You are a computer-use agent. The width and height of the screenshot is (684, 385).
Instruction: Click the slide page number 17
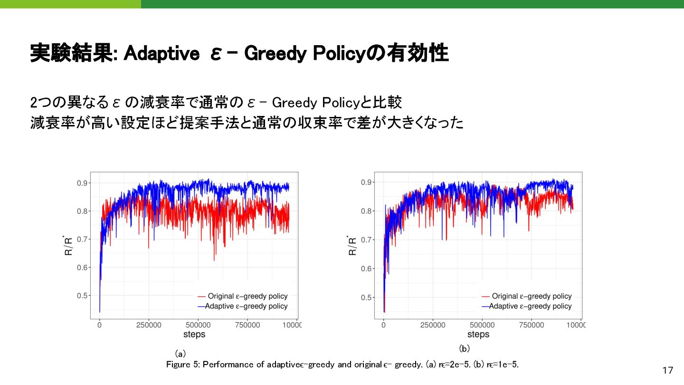pyautogui.click(x=668, y=370)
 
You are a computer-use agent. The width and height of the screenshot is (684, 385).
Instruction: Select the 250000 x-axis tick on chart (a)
pyautogui.click(x=149, y=325)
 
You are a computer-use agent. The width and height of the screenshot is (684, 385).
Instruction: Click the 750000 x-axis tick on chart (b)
pyautogui.click(x=532, y=325)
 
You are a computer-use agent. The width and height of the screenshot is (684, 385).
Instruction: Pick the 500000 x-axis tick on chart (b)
pyautogui.click(x=482, y=325)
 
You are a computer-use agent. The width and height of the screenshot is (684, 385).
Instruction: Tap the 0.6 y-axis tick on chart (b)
pyautogui.click(x=366, y=269)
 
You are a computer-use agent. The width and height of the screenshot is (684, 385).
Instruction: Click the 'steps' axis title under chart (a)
pyautogui.click(x=194, y=334)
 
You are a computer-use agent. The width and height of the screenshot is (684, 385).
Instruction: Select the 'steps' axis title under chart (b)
pyautogui.click(x=478, y=334)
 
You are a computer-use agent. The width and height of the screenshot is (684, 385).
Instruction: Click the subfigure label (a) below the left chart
pyautogui.click(x=180, y=354)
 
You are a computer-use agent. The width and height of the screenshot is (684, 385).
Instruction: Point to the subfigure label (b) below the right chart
pyautogui.click(x=464, y=348)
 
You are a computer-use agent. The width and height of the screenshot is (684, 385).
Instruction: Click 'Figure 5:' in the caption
pyautogui.click(x=184, y=365)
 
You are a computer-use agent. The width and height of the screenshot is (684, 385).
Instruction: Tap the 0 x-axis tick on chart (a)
pyautogui.click(x=99, y=325)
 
